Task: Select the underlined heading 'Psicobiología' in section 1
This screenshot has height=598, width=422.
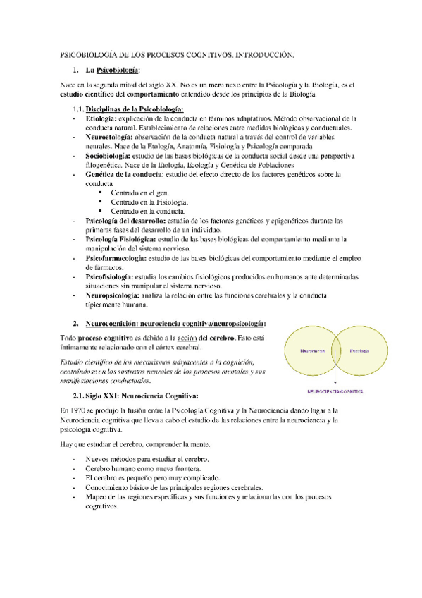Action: coord(118,71)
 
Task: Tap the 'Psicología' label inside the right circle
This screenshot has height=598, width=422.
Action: coord(359,350)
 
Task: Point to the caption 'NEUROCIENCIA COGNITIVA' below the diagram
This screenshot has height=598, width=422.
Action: coord(334,390)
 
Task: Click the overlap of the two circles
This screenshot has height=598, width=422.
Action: coord(335,350)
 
